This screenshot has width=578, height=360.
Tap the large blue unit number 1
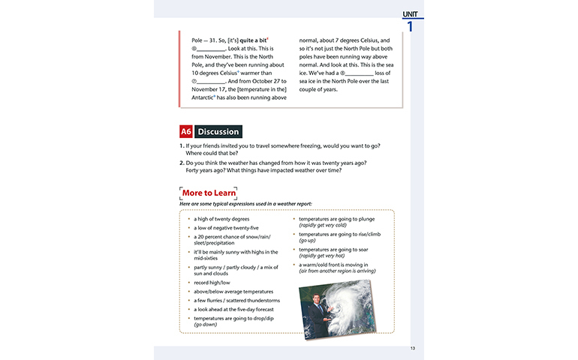click(x=410, y=28)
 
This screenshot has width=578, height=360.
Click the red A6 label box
click(x=186, y=131)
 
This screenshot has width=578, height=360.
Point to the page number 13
click(x=412, y=348)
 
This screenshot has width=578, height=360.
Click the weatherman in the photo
click(x=316, y=314)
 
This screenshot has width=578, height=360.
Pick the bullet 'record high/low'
click(x=213, y=283)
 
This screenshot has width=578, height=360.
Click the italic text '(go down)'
click(x=206, y=324)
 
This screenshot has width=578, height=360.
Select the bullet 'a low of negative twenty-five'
click(x=226, y=228)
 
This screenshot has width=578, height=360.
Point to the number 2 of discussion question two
click(x=181, y=163)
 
